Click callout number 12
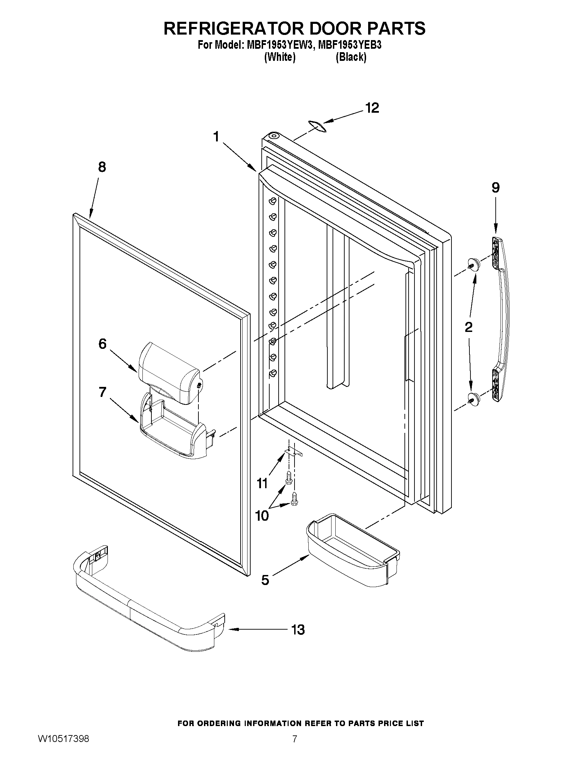tap(372, 108)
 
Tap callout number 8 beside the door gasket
tap(102, 167)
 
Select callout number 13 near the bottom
tap(298, 630)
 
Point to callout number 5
tap(265, 580)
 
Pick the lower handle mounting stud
tap(473, 398)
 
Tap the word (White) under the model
tap(280, 57)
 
